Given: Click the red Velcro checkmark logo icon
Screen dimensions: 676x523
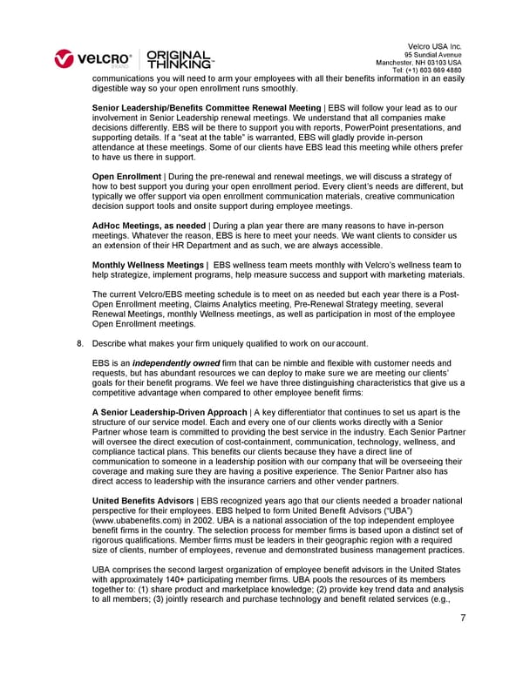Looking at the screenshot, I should pos(65,58).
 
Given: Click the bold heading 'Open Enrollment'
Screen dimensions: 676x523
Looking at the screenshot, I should pos(126,177).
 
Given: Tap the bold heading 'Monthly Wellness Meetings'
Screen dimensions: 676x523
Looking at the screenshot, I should pos(146,265).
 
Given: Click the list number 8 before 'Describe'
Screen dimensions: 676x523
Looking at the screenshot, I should pos(80,343).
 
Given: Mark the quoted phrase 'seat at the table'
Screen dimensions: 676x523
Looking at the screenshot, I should pos(219,138).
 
